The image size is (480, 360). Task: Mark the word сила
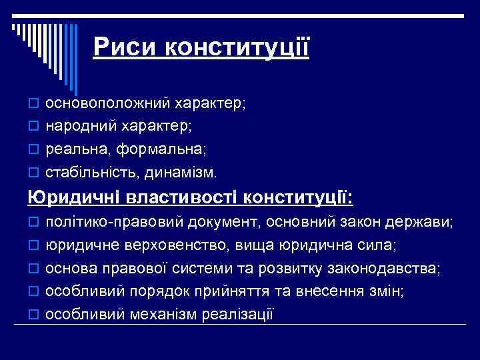tap(380, 245)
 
